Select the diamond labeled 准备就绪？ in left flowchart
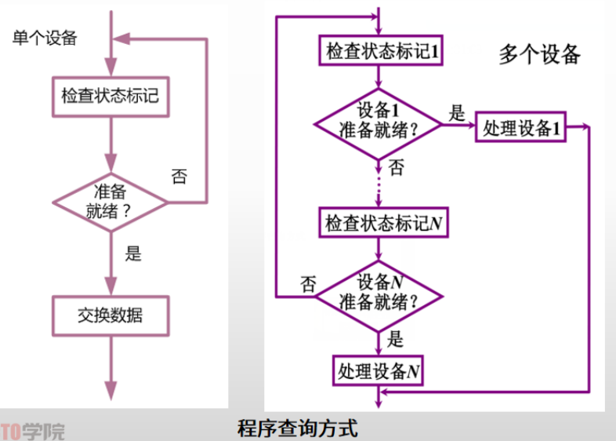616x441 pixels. (x=111, y=201)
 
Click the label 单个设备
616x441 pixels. (x=45, y=38)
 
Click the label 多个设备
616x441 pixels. (x=540, y=54)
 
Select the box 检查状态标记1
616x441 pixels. (x=379, y=52)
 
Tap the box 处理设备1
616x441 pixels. (x=520, y=128)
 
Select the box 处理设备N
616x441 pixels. (x=379, y=370)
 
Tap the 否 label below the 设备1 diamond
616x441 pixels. (x=397, y=168)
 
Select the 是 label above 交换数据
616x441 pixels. (x=134, y=253)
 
